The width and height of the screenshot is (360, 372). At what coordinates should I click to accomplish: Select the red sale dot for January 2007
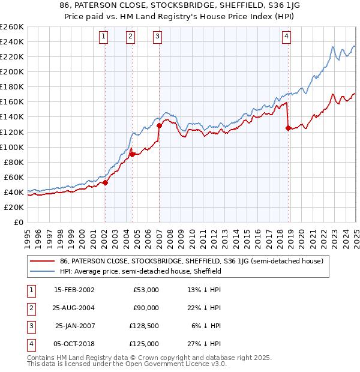tap(159, 126)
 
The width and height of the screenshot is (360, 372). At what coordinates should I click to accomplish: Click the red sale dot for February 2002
tap(105, 182)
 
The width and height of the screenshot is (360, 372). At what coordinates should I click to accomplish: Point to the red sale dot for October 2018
tap(288, 128)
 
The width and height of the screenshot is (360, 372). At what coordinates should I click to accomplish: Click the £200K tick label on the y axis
tap(11, 71)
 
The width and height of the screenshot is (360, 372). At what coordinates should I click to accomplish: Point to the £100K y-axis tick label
tap(11, 147)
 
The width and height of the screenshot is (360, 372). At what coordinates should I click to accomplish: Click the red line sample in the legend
tap(43, 261)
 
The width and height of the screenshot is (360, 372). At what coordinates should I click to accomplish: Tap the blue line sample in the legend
tap(43, 271)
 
